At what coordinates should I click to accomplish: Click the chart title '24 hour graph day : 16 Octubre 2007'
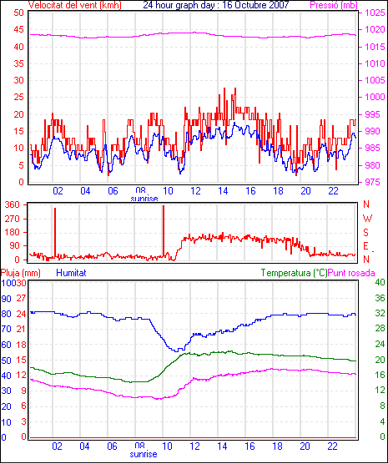point(216,5)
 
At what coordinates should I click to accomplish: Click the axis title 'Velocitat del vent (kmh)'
point(75,5)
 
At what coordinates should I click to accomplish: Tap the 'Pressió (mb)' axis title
point(334,5)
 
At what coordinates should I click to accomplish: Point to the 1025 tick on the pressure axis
point(375,13)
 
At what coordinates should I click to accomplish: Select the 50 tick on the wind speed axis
point(19,13)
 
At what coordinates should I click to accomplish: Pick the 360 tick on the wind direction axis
point(13,204)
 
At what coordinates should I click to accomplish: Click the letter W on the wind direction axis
point(367,219)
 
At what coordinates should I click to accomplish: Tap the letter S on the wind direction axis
point(365,233)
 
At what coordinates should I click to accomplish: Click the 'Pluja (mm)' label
point(20,273)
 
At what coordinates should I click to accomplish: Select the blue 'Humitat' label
point(71,273)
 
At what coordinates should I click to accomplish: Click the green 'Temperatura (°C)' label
point(295,273)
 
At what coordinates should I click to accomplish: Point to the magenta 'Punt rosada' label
point(351,273)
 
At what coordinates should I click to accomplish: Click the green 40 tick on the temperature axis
point(380,282)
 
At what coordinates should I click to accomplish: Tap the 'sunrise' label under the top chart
point(144,199)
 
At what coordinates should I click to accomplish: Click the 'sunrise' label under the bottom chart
point(144,454)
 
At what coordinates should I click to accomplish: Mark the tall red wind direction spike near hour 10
point(164,231)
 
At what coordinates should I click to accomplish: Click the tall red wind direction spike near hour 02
point(55,233)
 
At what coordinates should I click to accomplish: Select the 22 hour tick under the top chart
point(333,191)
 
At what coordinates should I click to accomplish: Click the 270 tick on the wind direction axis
point(13,219)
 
